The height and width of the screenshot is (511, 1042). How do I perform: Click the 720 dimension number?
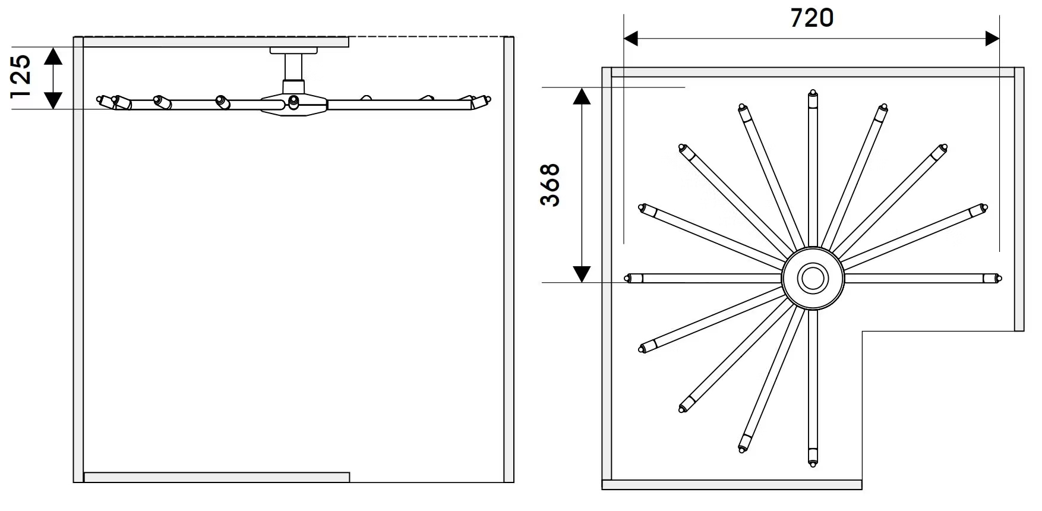pyautogui.click(x=812, y=18)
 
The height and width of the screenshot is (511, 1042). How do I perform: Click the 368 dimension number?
pyautogui.click(x=551, y=185)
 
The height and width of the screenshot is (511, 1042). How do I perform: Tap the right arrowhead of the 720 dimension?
pyautogui.click(x=992, y=39)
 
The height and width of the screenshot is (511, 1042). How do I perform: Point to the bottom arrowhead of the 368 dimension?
pyautogui.click(x=582, y=274)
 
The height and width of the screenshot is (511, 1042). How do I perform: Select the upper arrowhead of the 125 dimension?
pyautogui.click(x=53, y=56)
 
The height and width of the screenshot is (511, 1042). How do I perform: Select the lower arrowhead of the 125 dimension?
pyautogui.click(x=53, y=100)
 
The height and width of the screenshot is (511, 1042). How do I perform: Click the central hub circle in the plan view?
pyautogui.click(x=813, y=278)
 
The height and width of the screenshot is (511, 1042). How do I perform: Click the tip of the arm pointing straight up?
pyautogui.click(x=813, y=93)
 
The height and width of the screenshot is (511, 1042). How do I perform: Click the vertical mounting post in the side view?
pyautogui.click(x=294, y=68)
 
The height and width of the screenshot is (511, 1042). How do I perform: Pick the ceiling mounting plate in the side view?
pyautogui.click(x=294, y=51)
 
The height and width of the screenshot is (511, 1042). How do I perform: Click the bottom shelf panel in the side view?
pyautogui.click(x=217, y=477)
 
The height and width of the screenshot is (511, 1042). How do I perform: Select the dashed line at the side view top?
pyautogui.click(x=428, y=37)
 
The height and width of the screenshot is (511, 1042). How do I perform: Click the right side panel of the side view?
pyautogui.click(x=509, y=259)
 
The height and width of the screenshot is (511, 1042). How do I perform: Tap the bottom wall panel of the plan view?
pyautogui.click(x=732, y=485)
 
